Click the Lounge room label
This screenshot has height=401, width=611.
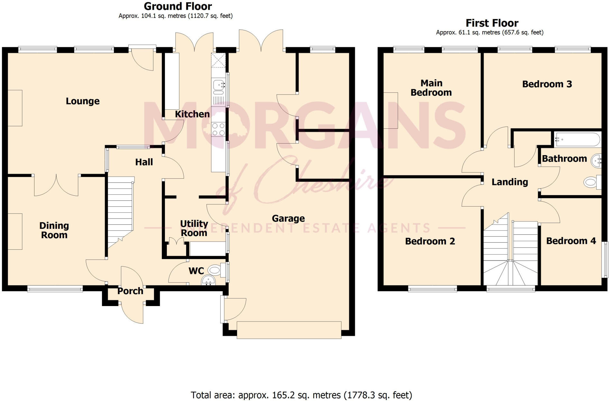coord(83,101)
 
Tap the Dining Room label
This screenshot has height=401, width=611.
coord(54,230)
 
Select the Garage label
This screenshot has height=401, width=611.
coord(288,219)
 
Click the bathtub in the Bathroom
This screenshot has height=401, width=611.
coord(577,140)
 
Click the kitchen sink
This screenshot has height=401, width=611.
coord(219,85)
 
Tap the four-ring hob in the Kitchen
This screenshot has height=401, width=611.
coord(218,129)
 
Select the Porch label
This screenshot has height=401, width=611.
coord(130,291)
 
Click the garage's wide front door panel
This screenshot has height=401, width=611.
coord(289,330)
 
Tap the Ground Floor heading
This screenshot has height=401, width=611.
coord(178,6)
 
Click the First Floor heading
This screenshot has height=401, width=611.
coord(492,23)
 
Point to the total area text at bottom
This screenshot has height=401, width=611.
coord(301,395)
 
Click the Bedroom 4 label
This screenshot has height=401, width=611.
coord(571,241)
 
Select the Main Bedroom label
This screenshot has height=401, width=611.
coord(431,88)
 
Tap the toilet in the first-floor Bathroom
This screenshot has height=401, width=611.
coord(591,183)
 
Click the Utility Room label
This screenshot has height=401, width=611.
coord(194,228)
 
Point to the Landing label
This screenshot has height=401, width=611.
coord(510,182)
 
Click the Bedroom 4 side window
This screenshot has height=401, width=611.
coord(605,259)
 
